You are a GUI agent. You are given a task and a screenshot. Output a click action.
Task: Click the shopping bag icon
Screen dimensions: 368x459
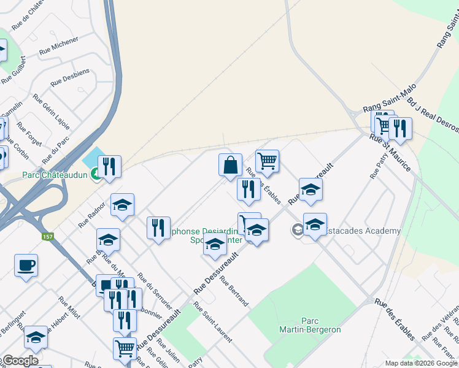click(x=230, y=165)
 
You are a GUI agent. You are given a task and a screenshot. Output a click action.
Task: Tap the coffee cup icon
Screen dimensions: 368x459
click(x=26, y=266)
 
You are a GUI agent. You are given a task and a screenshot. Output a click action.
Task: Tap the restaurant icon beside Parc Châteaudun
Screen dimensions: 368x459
click(x=109, y=166)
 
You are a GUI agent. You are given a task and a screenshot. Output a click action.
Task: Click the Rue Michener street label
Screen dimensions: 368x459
click(x=59, y=47)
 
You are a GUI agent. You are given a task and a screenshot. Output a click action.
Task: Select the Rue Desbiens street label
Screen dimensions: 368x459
click(x=70, y=77)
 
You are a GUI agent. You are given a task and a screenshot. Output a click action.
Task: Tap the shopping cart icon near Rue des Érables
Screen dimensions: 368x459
click(x=267, y=161)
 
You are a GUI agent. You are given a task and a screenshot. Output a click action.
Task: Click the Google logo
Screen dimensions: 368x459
click(x=20, y=361)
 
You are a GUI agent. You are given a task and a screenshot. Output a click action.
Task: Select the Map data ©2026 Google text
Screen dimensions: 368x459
click(x=422, y=363)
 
